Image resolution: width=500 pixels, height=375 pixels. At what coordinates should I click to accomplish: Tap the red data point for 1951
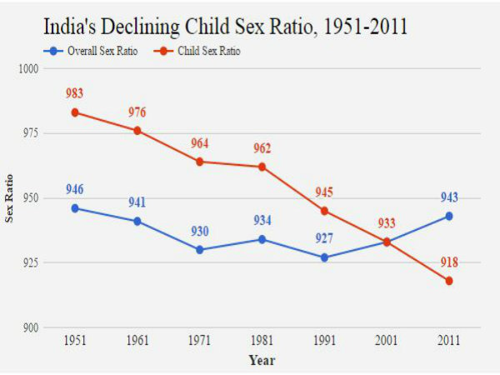click(x=75, y=112)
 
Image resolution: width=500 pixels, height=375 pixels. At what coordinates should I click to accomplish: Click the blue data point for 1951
click(x=75, y=208)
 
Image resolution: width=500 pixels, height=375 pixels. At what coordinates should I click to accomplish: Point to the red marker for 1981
click(x=262, y=167)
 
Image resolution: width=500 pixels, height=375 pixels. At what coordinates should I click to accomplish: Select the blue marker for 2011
click(x=448, y=216)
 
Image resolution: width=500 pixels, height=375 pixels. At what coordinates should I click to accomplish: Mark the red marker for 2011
click(x=448, y=281)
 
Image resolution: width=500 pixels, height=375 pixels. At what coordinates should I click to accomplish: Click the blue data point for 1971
click(x=199, y=250)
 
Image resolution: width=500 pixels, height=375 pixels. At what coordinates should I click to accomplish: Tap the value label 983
click(x=76, y=94)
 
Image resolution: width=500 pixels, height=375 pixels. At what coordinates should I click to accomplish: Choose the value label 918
click(x=449, y=262)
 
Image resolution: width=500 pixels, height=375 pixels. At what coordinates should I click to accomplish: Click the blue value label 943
click(x=448, y=197)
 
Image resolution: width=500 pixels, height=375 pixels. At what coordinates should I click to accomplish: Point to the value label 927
click(x=324, y=239)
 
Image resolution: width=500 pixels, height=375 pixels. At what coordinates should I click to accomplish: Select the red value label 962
click(x=262, y=148)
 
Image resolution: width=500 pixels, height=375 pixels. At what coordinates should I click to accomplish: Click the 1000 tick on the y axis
click(x=31, y=68)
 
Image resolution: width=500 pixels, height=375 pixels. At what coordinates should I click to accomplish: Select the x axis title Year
click(x=261, y=361)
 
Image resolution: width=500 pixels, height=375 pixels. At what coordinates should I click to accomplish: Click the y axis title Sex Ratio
click(x=10, y=197)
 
